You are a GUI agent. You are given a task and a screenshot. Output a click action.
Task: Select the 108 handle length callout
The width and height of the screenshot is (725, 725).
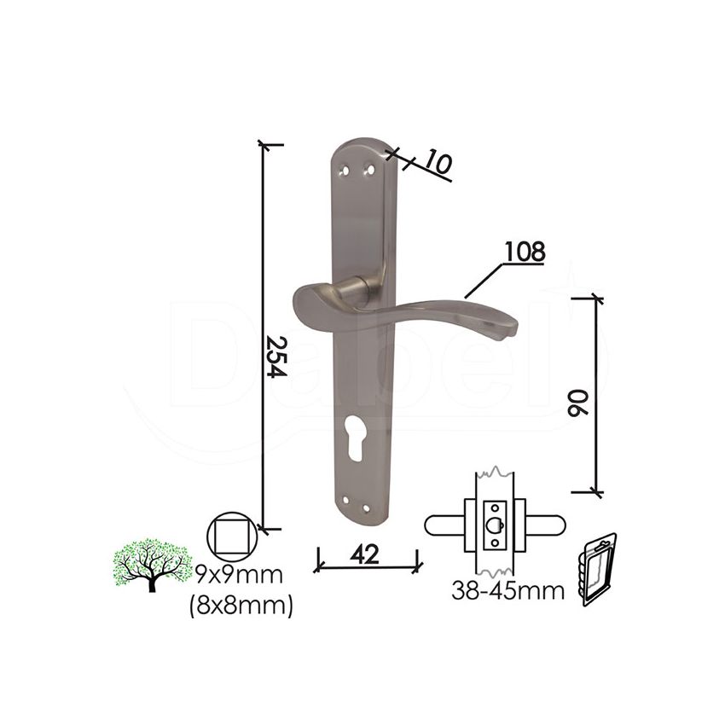[x=525, y=252]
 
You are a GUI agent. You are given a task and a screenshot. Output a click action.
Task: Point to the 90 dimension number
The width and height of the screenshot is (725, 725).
[x=577, y=404]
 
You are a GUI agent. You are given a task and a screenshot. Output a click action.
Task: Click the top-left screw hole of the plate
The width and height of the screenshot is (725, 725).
[x=343, y=170]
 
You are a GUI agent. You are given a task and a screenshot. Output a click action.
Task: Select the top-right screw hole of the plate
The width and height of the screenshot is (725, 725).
[x=369, y=170]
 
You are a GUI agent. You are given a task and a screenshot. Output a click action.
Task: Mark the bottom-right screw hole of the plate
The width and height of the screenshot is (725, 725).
[x=367, y=509]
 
